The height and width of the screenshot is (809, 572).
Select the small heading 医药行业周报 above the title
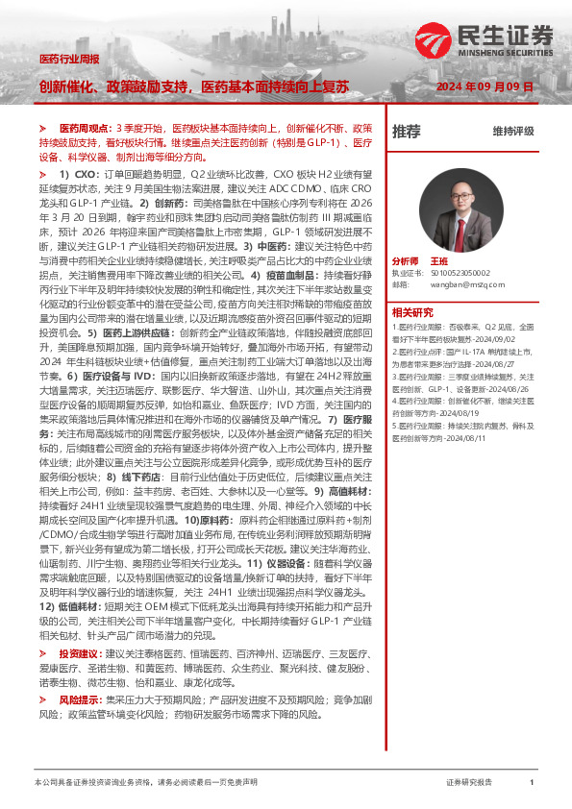click(68, 59)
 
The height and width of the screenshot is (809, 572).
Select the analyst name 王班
click(466, 261)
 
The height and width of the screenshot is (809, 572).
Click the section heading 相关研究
click(412, 312)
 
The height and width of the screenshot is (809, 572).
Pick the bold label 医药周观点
click(86, 128)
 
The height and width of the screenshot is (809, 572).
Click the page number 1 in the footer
click(532, 783)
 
